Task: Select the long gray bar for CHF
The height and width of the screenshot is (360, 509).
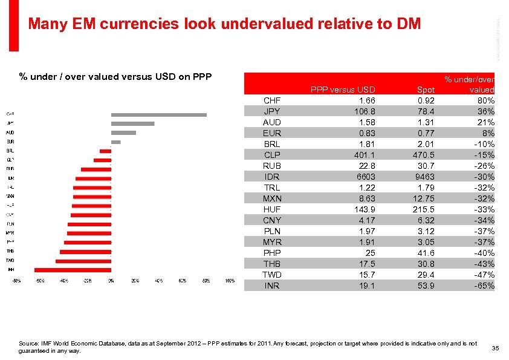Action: [159, 114]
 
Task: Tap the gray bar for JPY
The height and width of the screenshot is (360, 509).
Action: [133, 123]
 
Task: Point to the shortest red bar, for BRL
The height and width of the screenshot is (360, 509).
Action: [106, 151]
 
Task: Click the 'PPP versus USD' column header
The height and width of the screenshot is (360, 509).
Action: [343, 90]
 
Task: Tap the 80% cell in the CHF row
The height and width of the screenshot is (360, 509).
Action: [485, 100]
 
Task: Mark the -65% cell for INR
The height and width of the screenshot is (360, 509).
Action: [484, 286]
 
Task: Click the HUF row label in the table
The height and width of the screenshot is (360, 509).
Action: [272, 209]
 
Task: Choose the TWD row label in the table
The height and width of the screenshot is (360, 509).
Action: [272, 275]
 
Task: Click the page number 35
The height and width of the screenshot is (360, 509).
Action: [494, 348]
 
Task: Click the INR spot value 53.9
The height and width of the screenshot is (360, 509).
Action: [425, 286]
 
